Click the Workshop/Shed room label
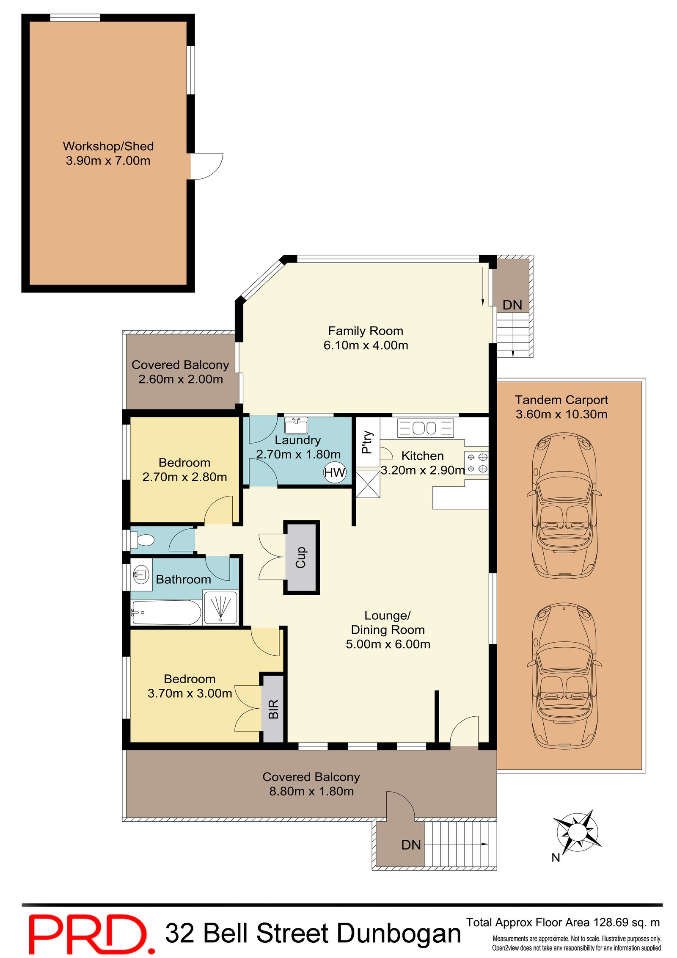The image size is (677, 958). (108, 146)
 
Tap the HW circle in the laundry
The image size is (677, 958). (334, 472)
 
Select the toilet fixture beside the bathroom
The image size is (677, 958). (142, 540)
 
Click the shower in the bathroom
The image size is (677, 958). (220, 608)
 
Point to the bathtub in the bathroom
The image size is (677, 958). (166, 612)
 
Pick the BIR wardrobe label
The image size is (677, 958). (273, 709)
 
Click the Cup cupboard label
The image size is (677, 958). (301, 557)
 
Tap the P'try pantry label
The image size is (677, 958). (367, 442)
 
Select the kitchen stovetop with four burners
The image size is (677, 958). (476, 463)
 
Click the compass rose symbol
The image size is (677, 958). (577, 832)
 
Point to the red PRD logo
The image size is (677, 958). (91, 935)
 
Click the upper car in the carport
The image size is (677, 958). (564, 505)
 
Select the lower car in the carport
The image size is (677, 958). (564, 676)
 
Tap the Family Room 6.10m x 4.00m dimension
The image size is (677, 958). (366, 345)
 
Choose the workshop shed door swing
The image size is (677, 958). (206, 166)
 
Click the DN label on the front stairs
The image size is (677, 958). (411, 845)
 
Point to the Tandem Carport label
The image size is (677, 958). (561, 400)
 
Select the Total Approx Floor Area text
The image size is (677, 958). (563, 922)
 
